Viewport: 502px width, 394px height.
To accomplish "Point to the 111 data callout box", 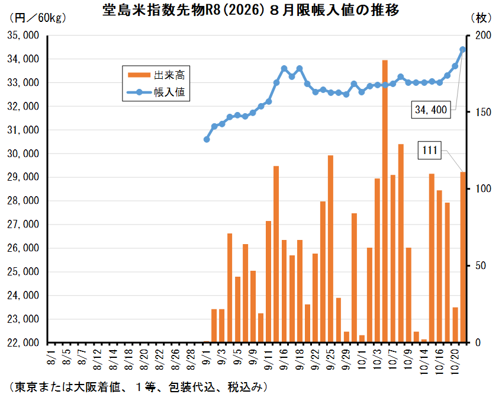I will click(430, 150).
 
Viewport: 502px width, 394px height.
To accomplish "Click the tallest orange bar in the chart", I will click(385, 201).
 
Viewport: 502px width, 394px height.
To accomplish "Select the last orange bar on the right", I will click(463, 257).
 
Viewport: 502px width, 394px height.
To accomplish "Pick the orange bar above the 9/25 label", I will click(330, 249).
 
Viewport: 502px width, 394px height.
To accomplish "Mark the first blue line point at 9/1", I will click(207, 139).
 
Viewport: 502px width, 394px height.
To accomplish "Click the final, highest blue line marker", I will click(463, 50).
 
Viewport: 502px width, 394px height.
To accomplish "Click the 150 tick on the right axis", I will click(482, 112).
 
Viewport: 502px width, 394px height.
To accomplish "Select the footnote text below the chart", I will click(136, 386).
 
